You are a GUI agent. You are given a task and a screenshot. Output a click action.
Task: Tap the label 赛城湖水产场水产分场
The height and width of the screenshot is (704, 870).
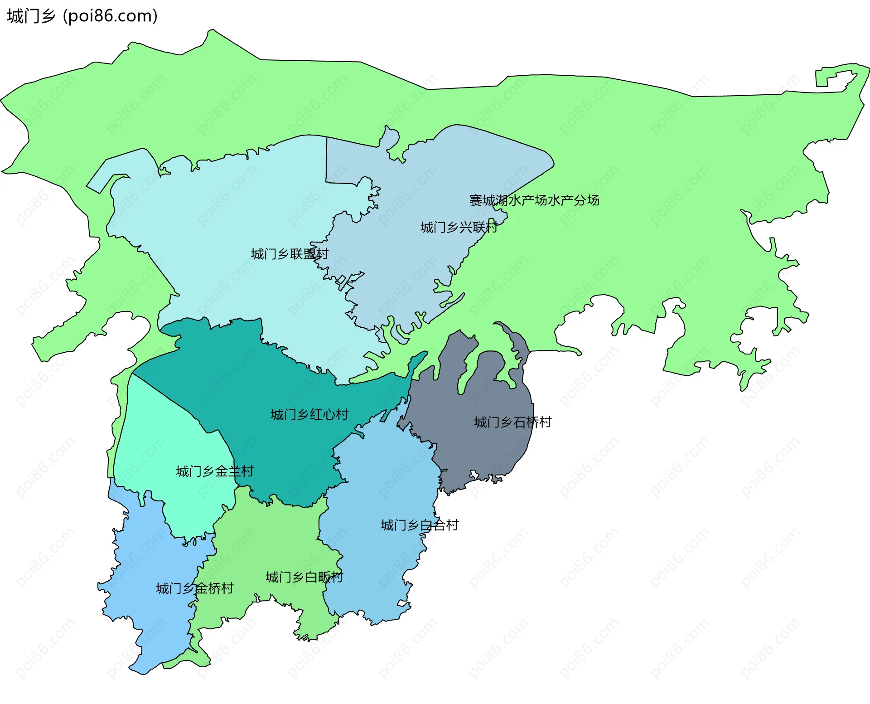tap(534, 200)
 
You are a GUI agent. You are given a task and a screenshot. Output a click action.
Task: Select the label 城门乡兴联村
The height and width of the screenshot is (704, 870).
tap(459, 227)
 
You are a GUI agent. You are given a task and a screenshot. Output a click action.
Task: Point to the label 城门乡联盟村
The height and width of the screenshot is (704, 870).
tap(290, 254)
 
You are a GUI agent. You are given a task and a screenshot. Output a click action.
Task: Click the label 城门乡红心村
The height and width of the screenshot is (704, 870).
tap(309, 414)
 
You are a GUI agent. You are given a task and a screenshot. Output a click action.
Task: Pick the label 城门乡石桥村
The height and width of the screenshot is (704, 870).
tap(512, 422)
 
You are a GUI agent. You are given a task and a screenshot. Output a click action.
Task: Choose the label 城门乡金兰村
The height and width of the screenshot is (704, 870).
tap(214, 471)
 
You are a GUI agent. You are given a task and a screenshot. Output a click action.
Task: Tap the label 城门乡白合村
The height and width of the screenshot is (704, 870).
tap(420, 525)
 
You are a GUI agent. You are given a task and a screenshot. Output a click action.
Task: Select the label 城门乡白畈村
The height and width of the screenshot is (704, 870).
tap(304, 577)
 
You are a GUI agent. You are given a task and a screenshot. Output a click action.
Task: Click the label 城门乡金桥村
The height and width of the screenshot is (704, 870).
tap(195, 588)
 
